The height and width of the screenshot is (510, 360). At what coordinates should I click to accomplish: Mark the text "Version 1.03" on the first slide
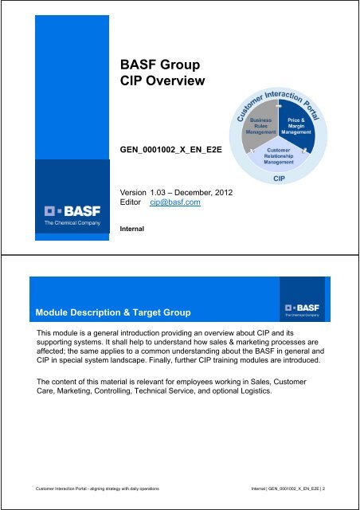pyautogui.click(x=145, y=192)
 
